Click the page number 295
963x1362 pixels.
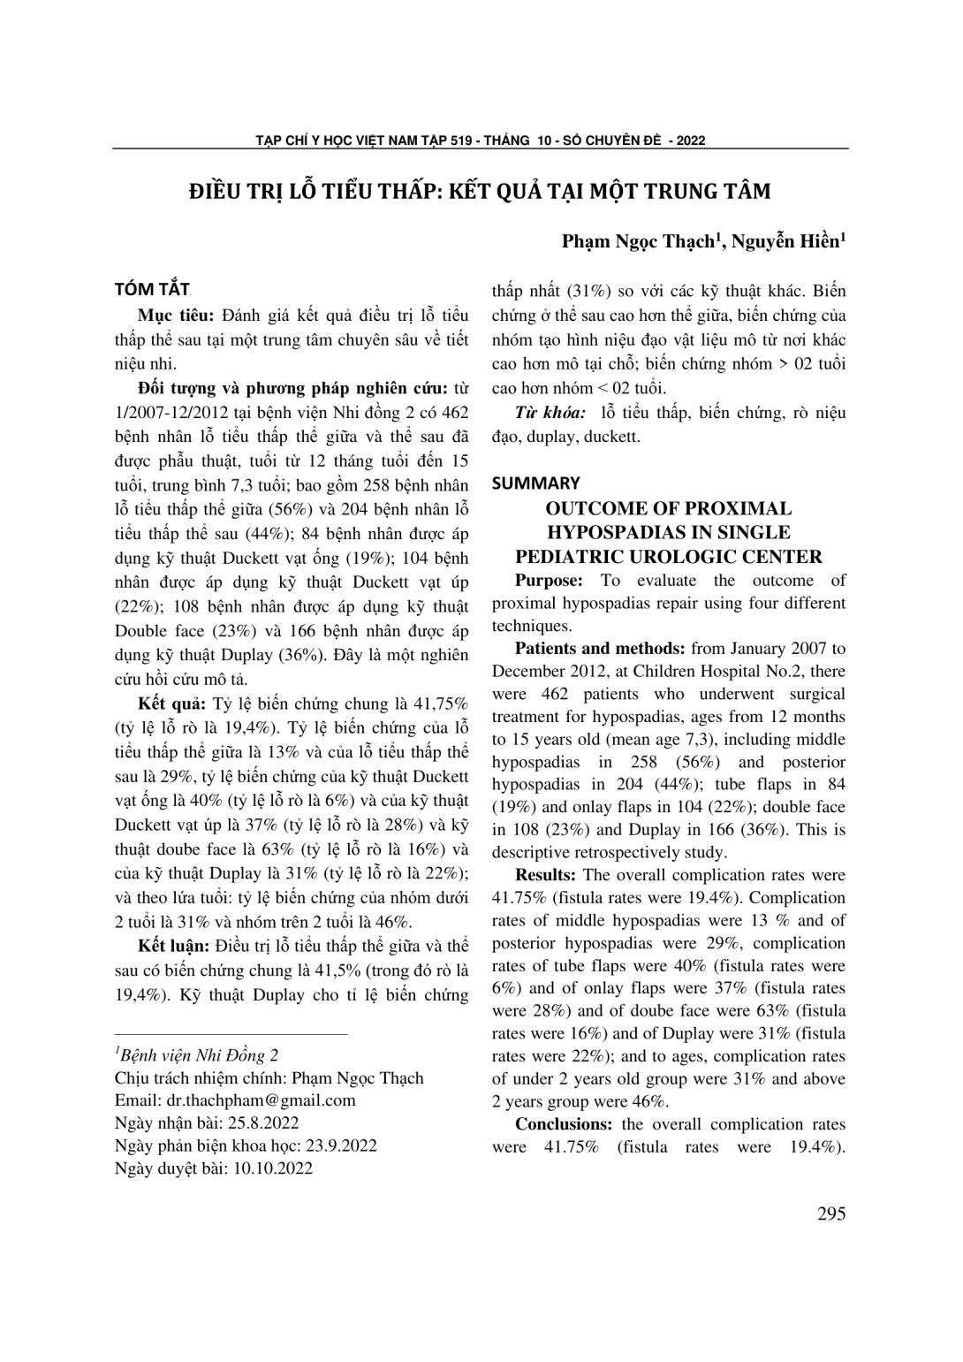click(x=831, y=1214)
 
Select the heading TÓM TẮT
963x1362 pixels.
click(x=152, y=290)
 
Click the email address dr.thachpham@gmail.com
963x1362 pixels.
click(x=261, y=1100)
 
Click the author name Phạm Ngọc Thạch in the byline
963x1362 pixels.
click(x=640, y=240)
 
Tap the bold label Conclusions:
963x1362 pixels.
click(x=564, y=1124)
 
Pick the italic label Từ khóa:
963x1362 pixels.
click(x=550, y=413)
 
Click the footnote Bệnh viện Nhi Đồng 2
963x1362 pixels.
click(x=199, y=1055)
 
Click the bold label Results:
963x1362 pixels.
click(x=545, y=875)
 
